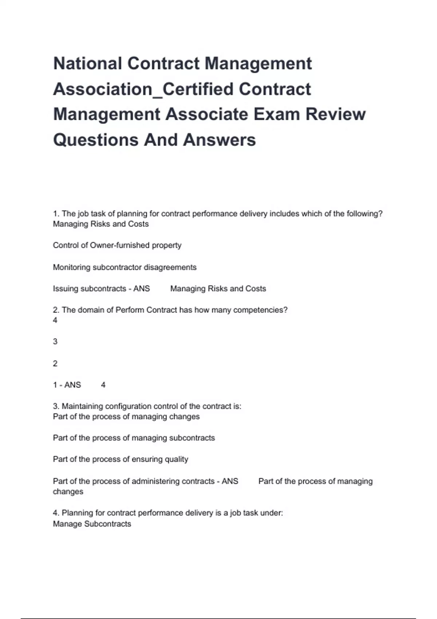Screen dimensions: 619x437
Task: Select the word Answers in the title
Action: tap(220, 140)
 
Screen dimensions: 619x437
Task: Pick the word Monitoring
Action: tap(72, 267)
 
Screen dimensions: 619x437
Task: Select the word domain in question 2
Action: tap(91, 310)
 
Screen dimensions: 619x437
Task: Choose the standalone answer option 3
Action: tap(55, 342)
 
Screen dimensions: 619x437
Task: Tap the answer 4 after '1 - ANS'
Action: tap(103, 385)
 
